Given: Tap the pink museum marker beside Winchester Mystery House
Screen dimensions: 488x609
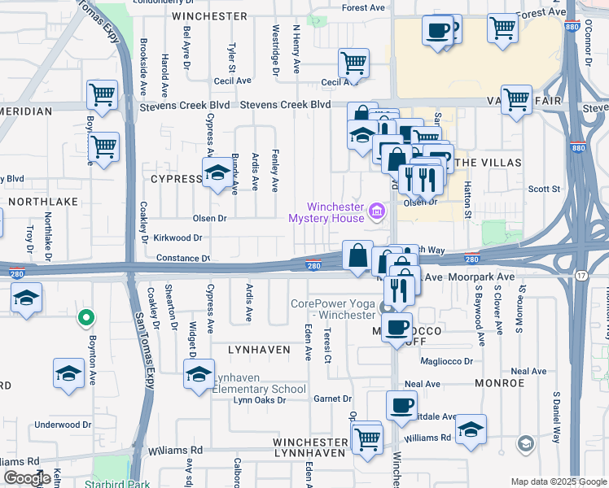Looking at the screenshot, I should pyautogui.click(x=376, y=212).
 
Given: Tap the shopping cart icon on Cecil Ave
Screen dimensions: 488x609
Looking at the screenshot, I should pyautogui.click(x=353, y=62).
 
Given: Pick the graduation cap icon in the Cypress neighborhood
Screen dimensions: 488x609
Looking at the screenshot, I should pyautogui.click(x=217, y=174).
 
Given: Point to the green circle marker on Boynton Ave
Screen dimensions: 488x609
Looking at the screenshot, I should pyautogui.click(x=84, y=317).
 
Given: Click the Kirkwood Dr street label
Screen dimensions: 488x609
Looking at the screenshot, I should pyautogui.click(x=177, y=238).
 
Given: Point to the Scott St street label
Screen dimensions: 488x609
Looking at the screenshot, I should pyautogui.click(x=544, y=189).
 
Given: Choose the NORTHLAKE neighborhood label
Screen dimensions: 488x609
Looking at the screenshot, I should pyautogui.click(x=42, y=200).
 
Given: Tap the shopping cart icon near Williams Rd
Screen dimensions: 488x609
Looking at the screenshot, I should pyautogui.click(x=368, y=438).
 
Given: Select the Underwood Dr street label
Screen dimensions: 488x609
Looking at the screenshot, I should pyautogui.click(x=63, y=425).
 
